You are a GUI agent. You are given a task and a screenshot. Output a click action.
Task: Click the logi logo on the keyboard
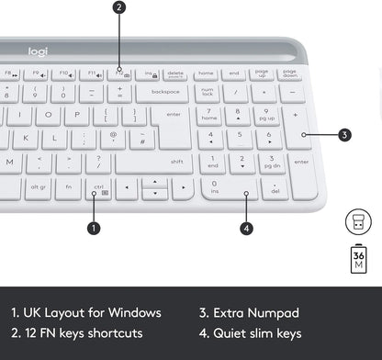37,51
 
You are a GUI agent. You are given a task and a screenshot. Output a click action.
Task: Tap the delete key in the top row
174,73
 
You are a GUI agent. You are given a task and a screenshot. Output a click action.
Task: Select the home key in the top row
206,73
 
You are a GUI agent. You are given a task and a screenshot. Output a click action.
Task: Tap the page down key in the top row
290,73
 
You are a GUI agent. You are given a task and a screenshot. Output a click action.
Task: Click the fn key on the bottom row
68,188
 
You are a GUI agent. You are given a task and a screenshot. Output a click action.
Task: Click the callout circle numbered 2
119,8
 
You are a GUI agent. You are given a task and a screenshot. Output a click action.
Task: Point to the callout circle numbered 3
344,135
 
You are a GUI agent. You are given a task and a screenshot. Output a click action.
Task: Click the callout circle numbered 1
93,227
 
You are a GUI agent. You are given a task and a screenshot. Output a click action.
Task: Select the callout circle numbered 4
246,228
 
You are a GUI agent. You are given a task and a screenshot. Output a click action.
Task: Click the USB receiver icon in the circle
358,220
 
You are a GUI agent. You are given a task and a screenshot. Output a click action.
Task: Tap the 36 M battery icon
359,259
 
